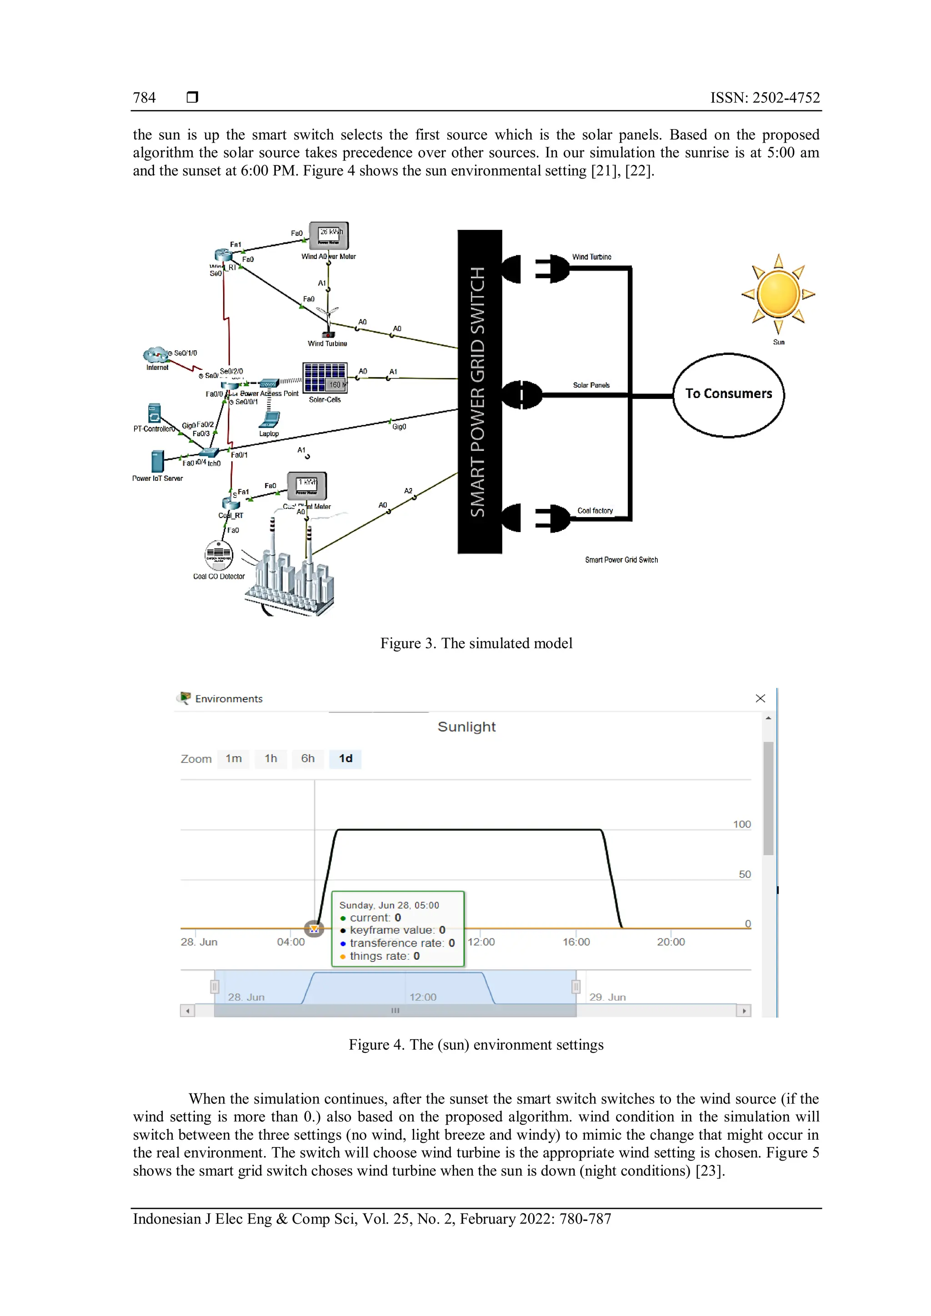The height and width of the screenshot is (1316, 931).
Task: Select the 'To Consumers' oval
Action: tap(728, 394)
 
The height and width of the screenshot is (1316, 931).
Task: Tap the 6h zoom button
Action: tap(308, 758)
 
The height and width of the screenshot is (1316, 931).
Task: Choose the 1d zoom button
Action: tap(345, 758)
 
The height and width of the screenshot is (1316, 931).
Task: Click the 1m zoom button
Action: tap(233, 758)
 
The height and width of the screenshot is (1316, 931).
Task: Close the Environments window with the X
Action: tap(760, 698)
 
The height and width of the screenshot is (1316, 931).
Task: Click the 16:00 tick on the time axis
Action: tap(576, 942)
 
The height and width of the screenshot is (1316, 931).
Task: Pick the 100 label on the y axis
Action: tap(741, 824)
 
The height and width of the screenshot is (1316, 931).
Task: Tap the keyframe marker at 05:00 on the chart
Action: tap(314, 928)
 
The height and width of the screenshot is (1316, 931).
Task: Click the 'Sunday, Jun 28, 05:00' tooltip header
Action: tap(389, 905)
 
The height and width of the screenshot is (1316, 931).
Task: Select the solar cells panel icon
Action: tap(325, 377)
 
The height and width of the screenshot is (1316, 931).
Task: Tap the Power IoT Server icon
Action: tap(156, 461)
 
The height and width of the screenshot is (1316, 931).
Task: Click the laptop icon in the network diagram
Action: tap(269, 420)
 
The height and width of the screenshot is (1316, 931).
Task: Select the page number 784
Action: tap(145, 97)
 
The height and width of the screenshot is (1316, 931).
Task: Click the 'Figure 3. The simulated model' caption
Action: tap(476, 643)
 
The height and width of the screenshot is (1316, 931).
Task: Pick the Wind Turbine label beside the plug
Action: tap(591, 257)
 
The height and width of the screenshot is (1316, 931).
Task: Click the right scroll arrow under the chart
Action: tap(744, 1011)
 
